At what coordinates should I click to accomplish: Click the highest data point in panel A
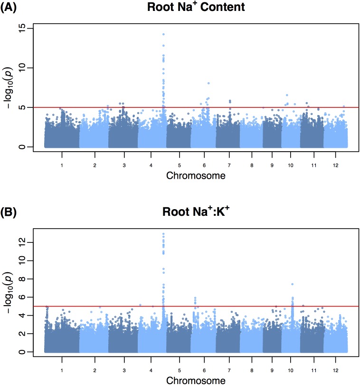pyautogui.click(x=163, y=34)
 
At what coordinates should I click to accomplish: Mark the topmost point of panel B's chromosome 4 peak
pyautogui.click(x=163, y=234)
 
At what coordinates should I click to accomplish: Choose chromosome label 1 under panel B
pyautogui.click(x=62, y=369)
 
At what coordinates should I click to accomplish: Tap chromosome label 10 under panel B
pyautogui.click(x=291, y=369)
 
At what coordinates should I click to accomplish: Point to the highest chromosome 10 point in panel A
pyautogui.click(x=287, y=96)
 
